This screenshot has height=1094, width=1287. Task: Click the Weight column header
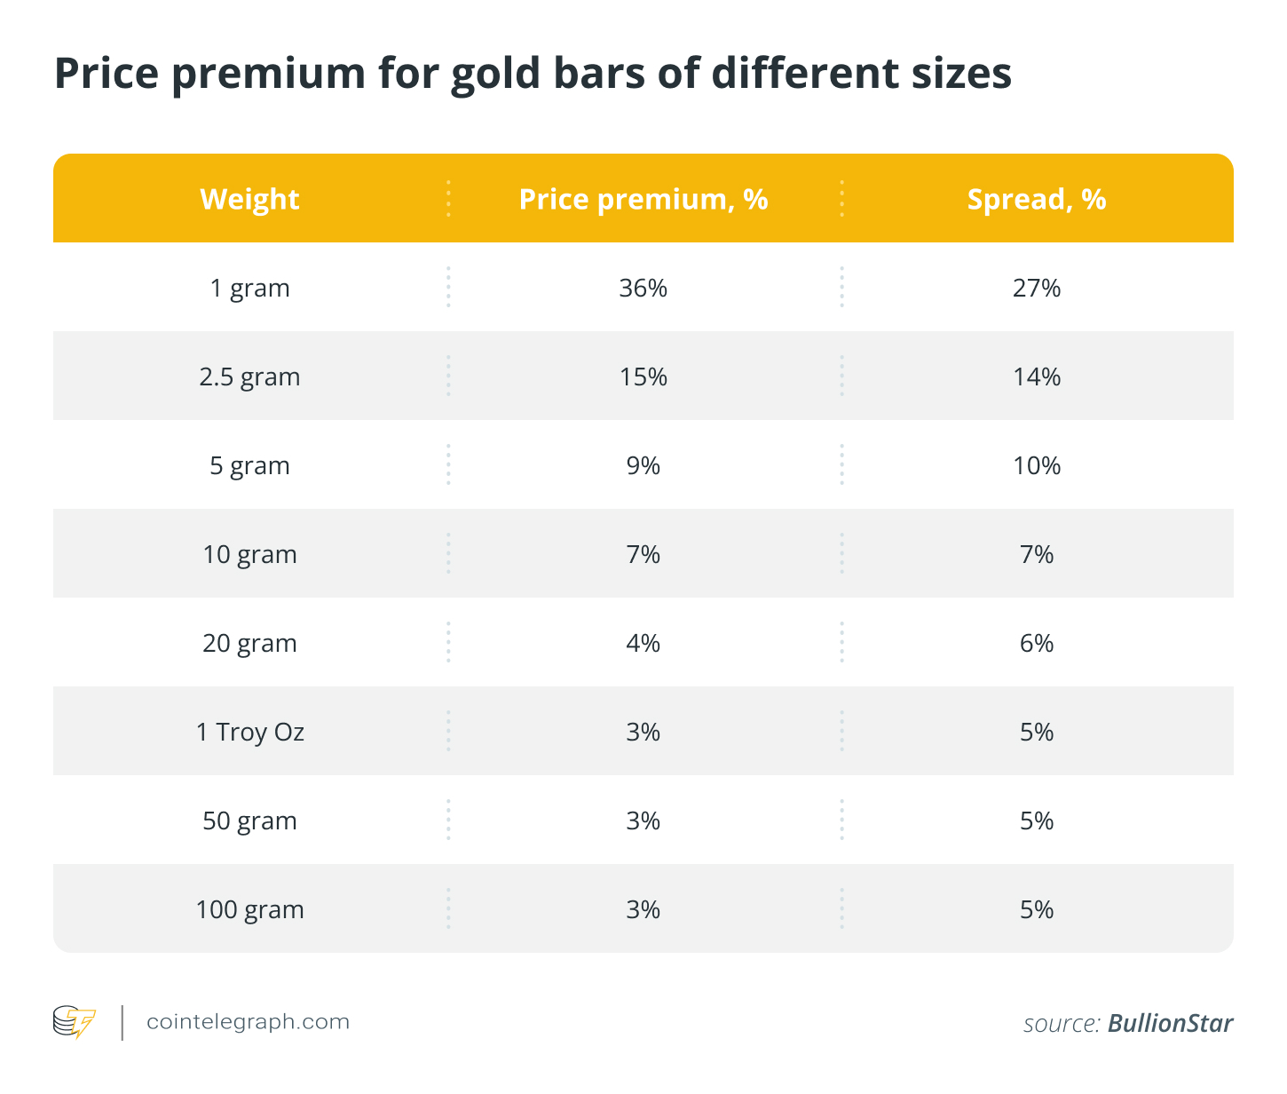tap(249, 199)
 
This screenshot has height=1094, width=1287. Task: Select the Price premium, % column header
tap(643, 199)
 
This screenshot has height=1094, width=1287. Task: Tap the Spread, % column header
tap(1037, 199)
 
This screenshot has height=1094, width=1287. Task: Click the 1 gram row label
tap(249, 288)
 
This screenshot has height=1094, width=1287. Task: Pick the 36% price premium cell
tap(643, 288)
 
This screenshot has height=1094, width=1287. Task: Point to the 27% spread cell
tap(1037, 288)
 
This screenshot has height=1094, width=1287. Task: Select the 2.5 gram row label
tap(249, 377)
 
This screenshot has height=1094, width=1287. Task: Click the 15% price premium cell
tap(643, 377)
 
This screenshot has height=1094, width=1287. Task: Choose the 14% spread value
tap(1037, 377)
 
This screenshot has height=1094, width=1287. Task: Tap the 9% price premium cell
tap(643, 465)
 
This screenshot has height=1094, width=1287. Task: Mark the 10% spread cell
tap(1037, 465)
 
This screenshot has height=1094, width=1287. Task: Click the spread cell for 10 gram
tap(1037, 554)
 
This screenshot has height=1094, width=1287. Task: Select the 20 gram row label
tap(249, 643)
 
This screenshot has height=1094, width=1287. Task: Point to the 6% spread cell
tap(1037, 643)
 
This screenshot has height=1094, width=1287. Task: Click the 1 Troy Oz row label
tap(249, 732)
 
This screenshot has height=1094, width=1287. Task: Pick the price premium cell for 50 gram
tap(643, 820)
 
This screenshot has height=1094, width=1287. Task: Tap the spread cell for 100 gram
tap(1037, 909)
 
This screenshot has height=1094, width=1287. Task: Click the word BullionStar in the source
tap(1170, 1023)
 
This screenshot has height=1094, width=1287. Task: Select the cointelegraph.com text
tap(248, 1022)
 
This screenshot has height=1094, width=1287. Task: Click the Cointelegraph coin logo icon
tap(74, 1022)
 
